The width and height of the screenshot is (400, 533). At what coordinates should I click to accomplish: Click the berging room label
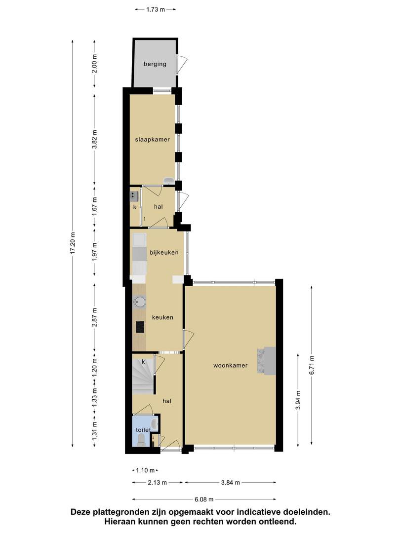coord(155,64)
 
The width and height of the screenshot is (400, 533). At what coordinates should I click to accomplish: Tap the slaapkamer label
coord(153,139)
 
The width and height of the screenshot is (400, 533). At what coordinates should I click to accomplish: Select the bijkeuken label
coord(164,253)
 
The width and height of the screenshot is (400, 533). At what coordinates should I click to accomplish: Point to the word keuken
coord(162,317)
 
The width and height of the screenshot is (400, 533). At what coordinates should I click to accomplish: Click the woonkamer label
coord(230,366)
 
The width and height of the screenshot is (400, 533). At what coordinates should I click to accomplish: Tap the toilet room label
coord(143,430)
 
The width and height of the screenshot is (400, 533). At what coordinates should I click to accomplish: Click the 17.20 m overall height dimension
coord(72,243)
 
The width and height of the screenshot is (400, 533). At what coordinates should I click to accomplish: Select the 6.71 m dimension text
coord(312,365)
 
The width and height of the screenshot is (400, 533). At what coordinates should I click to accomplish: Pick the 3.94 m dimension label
coord(298,401)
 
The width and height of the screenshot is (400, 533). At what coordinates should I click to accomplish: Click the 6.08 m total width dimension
coord(204,499)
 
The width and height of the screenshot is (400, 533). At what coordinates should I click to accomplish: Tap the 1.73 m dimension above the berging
coord(156,9)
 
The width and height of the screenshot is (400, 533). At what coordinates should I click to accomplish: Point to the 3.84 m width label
coord(230,482)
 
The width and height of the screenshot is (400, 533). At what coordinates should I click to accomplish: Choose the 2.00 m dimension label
coord(94,64)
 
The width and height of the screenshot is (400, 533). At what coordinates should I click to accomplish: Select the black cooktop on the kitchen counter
coord(140,327)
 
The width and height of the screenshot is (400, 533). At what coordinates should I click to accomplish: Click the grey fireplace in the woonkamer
coord(267,361)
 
